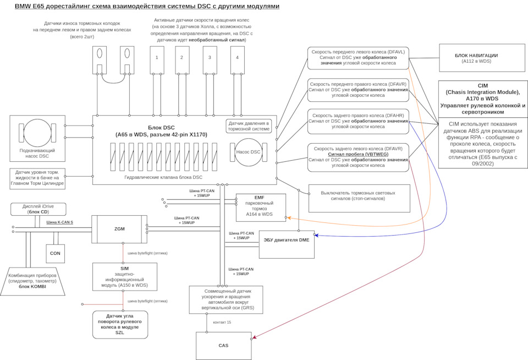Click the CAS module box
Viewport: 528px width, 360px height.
coord(223,345)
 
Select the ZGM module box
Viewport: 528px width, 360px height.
coord(119,229)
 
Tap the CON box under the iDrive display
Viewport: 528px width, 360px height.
coord(55,253)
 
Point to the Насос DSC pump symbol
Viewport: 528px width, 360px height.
coord(248,152)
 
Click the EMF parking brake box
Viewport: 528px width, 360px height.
coord(261,208)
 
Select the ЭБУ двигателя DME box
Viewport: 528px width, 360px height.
coord(286,244)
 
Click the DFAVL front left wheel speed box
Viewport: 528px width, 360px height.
coord(358,58)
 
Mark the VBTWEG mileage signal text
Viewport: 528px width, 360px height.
coord(358,155)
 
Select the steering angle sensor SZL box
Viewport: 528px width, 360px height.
coord(120,324)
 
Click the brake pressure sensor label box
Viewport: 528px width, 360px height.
coord(249,126)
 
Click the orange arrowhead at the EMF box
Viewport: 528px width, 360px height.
coord(289,218)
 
